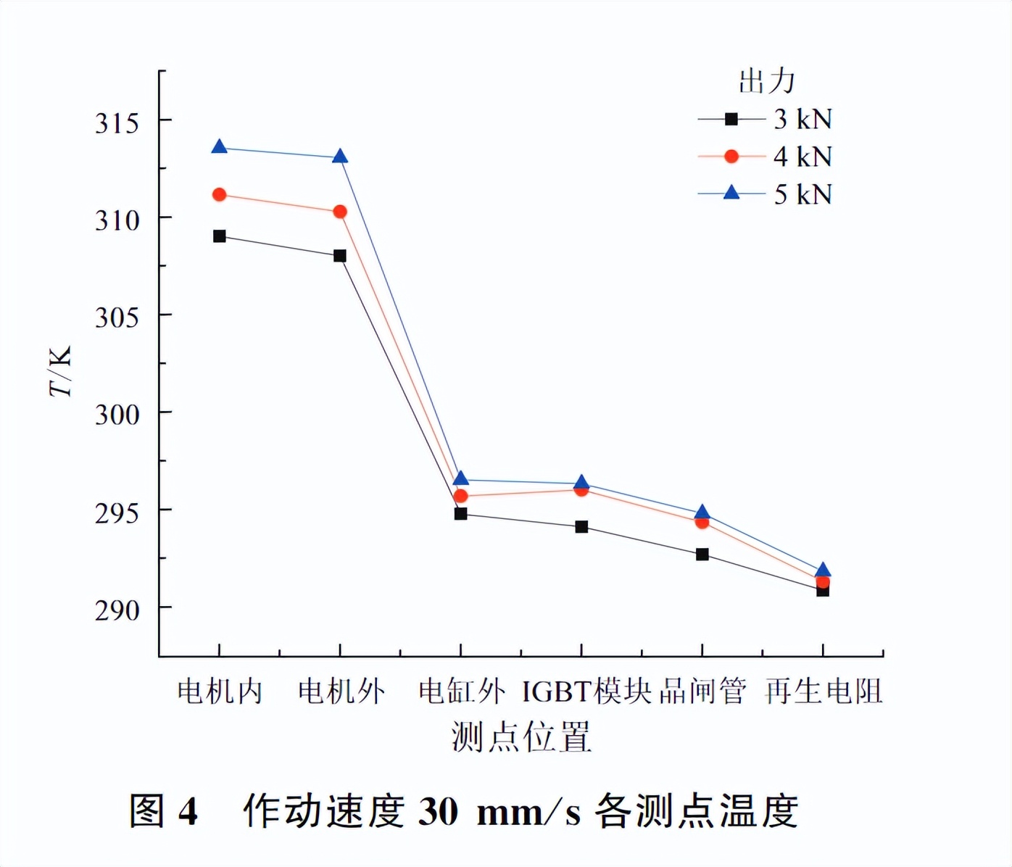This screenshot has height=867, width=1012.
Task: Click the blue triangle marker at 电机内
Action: [x=219, y=147]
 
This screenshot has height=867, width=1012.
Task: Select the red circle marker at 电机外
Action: [x=339, y=212]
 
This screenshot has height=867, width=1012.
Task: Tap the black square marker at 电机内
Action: [x=219, y=236]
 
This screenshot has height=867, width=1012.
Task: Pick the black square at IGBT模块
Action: [x=581, y=527]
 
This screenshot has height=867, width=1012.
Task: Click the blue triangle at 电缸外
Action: [x=460, y=478]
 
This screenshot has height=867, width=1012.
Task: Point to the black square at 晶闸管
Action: [x=702, y=555]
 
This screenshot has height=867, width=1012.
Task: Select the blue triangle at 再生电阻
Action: [x=823, y=571]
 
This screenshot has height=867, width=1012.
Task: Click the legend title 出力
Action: [x=766, y=81]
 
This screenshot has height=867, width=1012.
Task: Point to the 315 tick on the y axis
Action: [x=117, y=123]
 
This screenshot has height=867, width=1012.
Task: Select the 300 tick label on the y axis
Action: [x=117, y=415]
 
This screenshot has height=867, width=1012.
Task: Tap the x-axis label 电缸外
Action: [x=461, y=692]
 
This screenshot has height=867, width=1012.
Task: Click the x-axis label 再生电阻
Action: [x=824, y=692]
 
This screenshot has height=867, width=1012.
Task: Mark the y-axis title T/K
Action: [x=61, y=371]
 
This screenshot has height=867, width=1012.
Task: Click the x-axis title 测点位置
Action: [x=521, y=737]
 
